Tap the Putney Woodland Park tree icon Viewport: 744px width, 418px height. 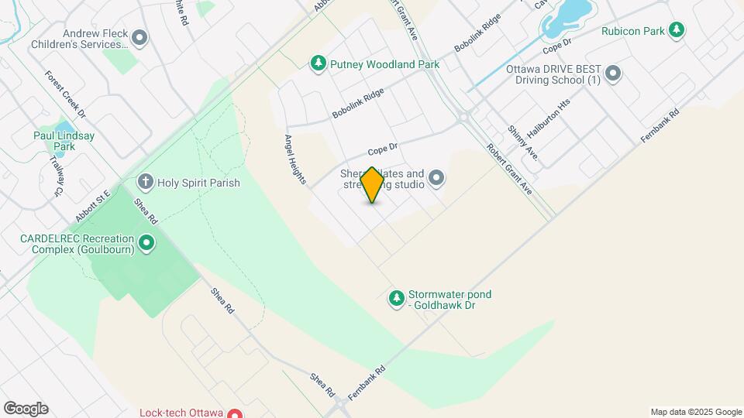317,63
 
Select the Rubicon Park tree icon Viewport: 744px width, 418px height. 677,31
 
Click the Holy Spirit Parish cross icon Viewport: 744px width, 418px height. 145,183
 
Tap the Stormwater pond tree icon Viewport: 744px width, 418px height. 396,298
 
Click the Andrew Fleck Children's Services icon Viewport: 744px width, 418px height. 139,37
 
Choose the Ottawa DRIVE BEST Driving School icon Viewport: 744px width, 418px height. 613,74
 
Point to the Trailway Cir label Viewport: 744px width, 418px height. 56,176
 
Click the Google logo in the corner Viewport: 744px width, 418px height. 26,409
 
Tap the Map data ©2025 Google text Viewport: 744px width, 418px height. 696,412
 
